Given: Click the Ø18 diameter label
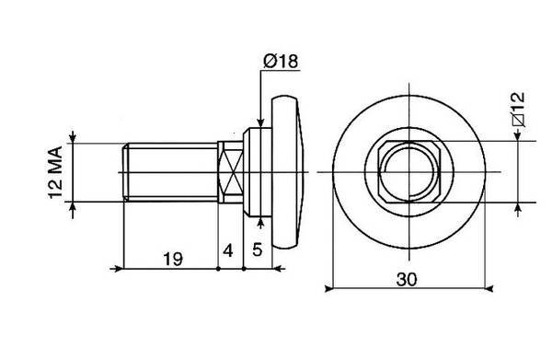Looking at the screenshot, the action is coord(281,62).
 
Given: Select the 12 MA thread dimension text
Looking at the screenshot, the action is coord(55,172).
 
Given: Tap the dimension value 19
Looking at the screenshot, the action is coord(173,260).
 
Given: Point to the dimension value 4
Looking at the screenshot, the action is coord(228,250).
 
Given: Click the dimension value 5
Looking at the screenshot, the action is coord(258,250).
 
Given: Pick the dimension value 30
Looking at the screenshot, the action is coord(407,279).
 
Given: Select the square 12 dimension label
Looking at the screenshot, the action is coord(519,110).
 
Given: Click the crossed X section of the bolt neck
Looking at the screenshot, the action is coord(231,172).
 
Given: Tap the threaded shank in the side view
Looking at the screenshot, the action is coord(170,172).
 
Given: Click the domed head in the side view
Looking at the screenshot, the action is coord(285,172).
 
